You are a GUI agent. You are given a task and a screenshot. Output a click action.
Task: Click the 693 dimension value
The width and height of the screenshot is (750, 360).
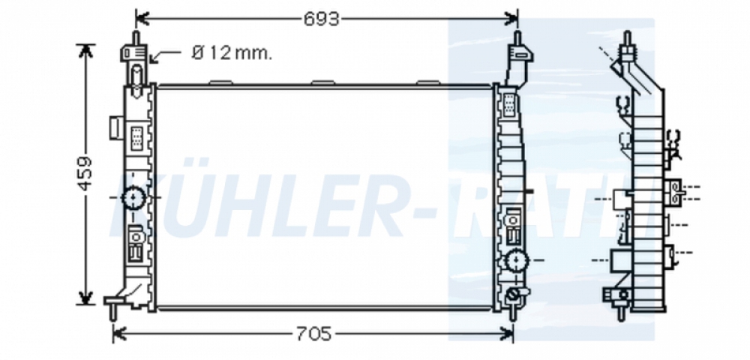[x=322, y=19]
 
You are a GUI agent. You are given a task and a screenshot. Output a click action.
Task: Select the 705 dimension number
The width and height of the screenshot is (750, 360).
[x=313, y=334]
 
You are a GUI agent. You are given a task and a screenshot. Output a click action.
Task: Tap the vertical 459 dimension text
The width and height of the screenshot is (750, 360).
[x=85, y=173]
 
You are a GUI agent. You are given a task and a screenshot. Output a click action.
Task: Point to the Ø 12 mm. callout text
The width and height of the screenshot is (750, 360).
[x=232, y=53]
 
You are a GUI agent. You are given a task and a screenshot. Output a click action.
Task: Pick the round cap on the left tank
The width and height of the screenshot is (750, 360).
[x=133, y=197]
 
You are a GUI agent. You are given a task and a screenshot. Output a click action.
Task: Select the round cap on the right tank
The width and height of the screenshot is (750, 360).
[x=517, y=260]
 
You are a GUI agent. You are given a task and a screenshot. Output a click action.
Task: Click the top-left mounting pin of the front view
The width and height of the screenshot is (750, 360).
[x=136, y=37]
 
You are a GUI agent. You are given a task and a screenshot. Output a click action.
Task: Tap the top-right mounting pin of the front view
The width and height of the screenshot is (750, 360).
[x=517, y=37]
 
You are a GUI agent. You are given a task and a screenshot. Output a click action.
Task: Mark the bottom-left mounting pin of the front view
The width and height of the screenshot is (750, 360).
[x=113, y=312]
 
